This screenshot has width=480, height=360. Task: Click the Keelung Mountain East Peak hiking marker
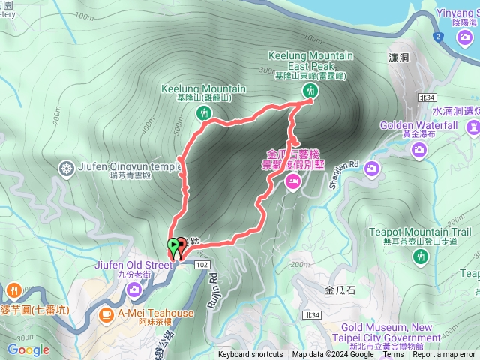point(310,91)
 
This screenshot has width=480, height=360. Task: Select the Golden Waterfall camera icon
point(418,150)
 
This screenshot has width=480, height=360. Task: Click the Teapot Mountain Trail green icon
point(420,257)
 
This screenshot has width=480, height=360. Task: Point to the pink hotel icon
point(292,180)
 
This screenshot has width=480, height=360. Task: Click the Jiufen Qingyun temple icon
point(67,166)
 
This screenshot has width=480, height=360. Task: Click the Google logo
point(28,349)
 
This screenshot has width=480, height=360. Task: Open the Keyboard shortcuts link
point(250,355)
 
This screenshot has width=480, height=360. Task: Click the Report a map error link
point(447,355)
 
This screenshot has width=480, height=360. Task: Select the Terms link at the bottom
point(392,355)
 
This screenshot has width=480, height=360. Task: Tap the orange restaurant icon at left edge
point(13,290)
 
